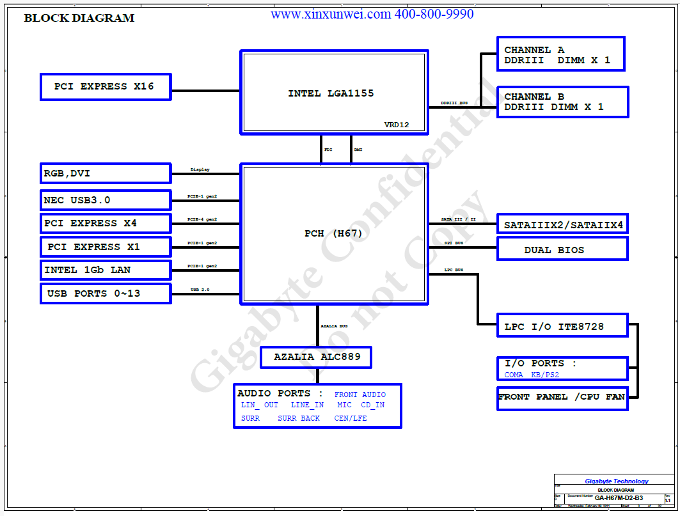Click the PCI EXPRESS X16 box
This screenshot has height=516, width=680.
coord(106,86)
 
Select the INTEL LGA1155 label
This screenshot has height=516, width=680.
coord(331,93)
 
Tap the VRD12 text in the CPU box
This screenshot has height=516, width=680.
coord(396,125)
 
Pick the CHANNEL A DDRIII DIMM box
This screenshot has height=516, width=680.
coord(560,54)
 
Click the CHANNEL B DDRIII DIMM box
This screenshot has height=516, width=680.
coord(562,102)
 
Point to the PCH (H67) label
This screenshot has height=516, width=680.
coord(333,233)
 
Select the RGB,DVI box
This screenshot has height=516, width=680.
coord(106,173)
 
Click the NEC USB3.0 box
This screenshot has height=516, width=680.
coord(106,200)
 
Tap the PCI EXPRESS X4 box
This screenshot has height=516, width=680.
coord(106,223)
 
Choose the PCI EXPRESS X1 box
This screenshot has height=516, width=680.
coord(106,247)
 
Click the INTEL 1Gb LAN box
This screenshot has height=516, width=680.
coord(106,270)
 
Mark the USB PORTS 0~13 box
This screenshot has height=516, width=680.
coord(106,293)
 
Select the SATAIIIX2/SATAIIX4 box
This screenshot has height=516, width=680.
coord(562,225)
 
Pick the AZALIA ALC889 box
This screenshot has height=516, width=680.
coord(316,357)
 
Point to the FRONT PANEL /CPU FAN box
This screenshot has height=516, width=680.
coord(562,397)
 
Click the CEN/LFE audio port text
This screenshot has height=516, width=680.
coord(351,418)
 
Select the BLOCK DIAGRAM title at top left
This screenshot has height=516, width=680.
coord(79,18)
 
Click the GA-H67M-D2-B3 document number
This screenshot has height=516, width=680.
coord(619,497)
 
